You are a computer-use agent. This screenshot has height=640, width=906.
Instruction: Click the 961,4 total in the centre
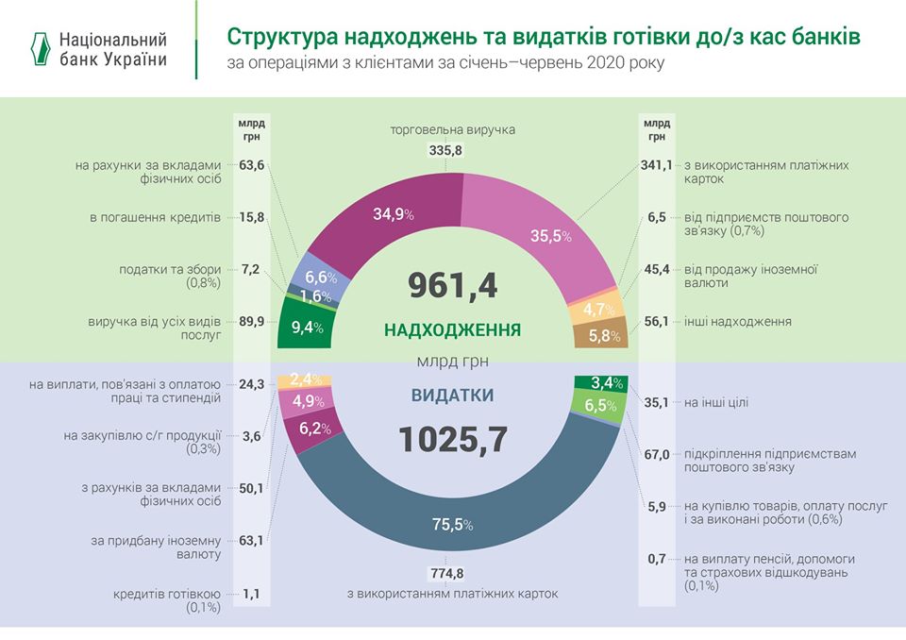point(452,286)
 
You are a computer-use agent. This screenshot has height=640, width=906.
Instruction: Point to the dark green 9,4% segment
point(302,328)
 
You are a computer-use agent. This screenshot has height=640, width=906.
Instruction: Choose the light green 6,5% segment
point(603,406)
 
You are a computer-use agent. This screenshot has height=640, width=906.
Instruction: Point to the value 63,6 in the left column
point(251,165)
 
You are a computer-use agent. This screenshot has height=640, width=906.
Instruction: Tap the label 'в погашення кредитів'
point(156,217)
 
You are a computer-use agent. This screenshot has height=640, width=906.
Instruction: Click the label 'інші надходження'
point(738,322)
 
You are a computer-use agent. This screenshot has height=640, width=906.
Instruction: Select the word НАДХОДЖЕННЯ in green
point(452,331)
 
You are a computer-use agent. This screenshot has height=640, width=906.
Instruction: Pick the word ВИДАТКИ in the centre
point(452,396)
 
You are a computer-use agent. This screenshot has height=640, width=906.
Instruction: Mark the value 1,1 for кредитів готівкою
point(251,594)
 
